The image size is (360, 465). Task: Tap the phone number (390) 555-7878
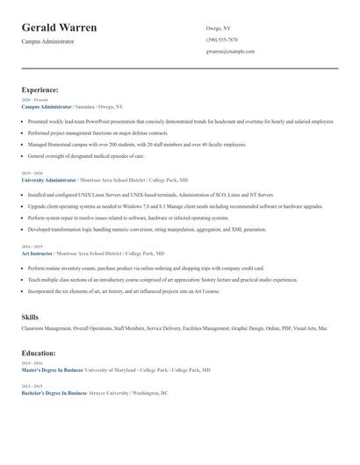pyautogui.click(x=221, y=39)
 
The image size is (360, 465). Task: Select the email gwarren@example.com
pyautogui.click(x=230, y=52)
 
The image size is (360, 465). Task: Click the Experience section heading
pyautogui.click(x=40, y=89)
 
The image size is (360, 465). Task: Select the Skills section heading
pyautogui.click(x=30, y=316)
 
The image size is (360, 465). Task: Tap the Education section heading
pyautogui.click(x=39, y=353)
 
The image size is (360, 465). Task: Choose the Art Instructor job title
pyautogui.click(x=38, y=253)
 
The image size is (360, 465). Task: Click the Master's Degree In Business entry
pyautogui.click(x=54, y=370)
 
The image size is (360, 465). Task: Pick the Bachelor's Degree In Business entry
pyautogui.click(x=54, y=393)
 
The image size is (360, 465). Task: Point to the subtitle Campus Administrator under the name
pyautogui.click(x=47, y=42)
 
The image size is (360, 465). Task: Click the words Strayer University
pyautogui.click(x=111, y=393)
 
